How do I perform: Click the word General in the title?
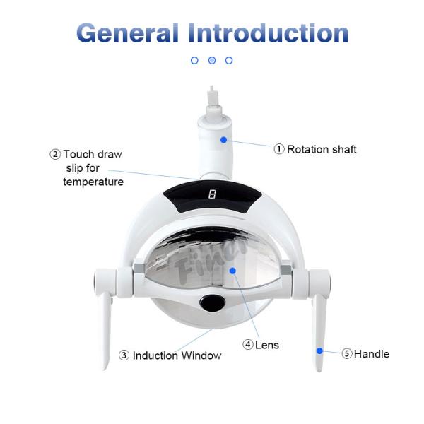click(127, 33)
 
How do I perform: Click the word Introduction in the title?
click(269, 33)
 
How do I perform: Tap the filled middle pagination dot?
click(212, 61)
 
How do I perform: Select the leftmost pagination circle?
click(195, 61)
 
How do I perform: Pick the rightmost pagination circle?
click(229, 61)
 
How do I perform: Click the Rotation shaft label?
click(322, 149)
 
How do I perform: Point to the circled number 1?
click(279, 149)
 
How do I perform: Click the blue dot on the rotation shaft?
click(224, 140)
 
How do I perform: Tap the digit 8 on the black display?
click(212, 194)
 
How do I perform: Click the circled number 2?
click(54, 154)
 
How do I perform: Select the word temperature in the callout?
click(93, 182)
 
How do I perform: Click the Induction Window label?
click(177, 356)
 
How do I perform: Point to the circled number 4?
click(248, 345)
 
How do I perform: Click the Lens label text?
click(268, 346)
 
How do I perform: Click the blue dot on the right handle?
click(319, 351)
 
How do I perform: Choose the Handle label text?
click(372, 354)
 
